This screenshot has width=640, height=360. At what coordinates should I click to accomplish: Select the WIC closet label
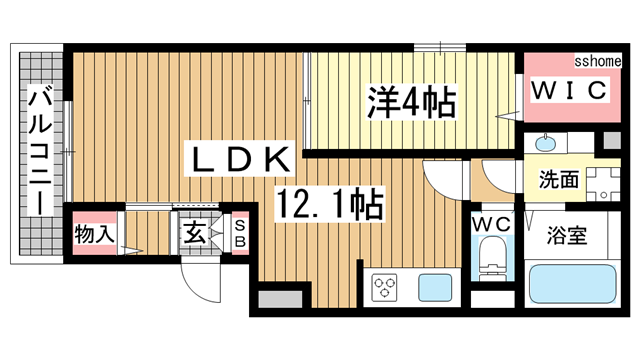[x=567, y=92]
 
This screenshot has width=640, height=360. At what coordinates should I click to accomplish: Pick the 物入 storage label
[x=96, y=236]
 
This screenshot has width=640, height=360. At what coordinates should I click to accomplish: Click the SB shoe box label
[x=240, y=236]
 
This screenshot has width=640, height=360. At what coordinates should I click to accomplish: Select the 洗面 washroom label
[x=560, y=181]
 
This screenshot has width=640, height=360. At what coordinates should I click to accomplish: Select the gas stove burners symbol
[x=385, y=288]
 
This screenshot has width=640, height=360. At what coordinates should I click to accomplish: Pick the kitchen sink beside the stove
[x=436, y=288]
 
